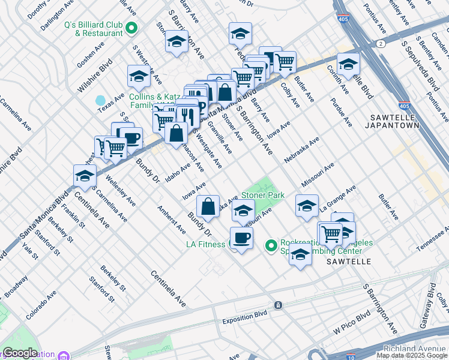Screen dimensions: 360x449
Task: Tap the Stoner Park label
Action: pyautogui.click(x=263, y=196)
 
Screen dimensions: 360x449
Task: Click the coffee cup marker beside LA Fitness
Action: pyautogui.click(x=241, y=238)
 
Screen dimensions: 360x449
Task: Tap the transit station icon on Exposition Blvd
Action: pyautogui.click(x=278, y=305)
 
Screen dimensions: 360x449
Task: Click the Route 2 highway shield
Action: pyautogui.click(x=381, y=44)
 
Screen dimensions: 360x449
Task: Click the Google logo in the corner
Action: pyautogui.click(x=20, y=353)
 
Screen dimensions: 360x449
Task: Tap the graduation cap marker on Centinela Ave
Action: pyautogui.click(x=85, y=176)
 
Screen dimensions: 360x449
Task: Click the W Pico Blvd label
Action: pyautogui.click(x=352, y=323)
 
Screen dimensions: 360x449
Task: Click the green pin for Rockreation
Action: pyautogui.click(x=271, y=245)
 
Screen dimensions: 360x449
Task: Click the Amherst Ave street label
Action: pyautogui.click(x=170, y=220)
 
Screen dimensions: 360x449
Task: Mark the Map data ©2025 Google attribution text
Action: pyautogui.click(x=412, y=355)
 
